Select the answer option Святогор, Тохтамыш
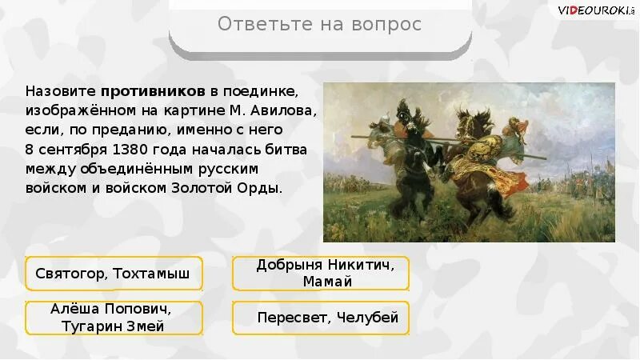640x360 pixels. click(x=114, y=274)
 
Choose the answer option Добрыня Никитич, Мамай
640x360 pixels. click(x=321, y=273)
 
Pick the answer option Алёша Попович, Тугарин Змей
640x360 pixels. click(x=114, y=318)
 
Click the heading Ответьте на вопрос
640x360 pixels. click(x=319, y=25)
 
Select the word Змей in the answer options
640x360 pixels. click(x=147, y=326)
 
